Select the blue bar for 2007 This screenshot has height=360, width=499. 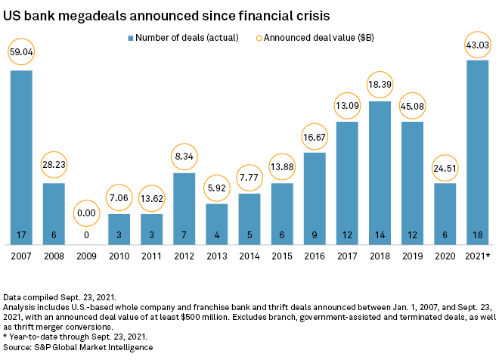click(21, 151)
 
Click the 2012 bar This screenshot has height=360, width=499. click(184, 204)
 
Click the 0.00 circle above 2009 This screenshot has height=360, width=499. click(86, 214)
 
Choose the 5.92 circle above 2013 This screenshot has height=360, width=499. click(216, 186)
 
